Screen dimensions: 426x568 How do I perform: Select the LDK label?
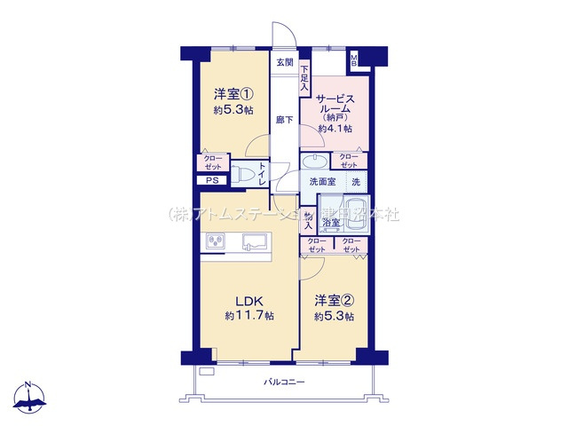[x=248, y=299]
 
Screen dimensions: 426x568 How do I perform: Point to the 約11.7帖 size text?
[x=248, y=316]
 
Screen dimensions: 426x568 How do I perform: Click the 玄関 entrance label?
[x=284, y=61]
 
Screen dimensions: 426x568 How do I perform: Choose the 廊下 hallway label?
[x=284, y=120]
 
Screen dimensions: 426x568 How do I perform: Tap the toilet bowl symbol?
[x=241, y=173]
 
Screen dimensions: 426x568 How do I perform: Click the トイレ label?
[x=264, y=174]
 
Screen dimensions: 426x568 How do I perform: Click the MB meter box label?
[x=354, y=59]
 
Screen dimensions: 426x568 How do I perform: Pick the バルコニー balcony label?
[x=284, y=382]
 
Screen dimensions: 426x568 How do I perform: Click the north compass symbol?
[x=30, y=397]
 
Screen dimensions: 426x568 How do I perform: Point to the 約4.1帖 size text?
[x=335, y=128]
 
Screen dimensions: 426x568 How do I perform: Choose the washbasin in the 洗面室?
[x=314, y=162]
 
